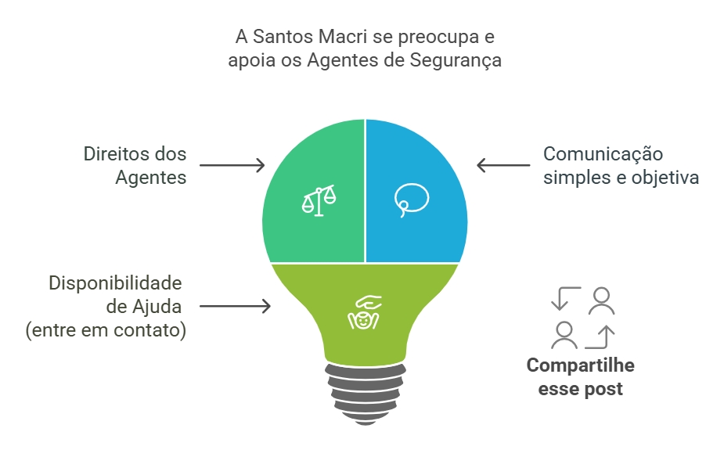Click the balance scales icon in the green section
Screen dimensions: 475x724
(x=318, y=200)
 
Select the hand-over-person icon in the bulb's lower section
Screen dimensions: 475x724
(x=363, y=311)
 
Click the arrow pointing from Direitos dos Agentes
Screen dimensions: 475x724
(x=232, y=165)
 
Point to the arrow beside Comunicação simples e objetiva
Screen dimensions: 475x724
(x=503, y=165)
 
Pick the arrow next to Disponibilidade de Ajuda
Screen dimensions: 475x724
(x=235, y=306)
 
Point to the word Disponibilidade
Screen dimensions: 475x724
(x=116, y=282)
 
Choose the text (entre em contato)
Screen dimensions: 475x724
(x=106, y=330)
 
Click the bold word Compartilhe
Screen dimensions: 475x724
(x=580, y=365)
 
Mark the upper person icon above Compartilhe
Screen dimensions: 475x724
(x=601, y=300)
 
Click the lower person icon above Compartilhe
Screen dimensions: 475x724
(x=564, y=335)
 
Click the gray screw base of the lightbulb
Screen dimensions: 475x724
(x=365, y=390)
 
